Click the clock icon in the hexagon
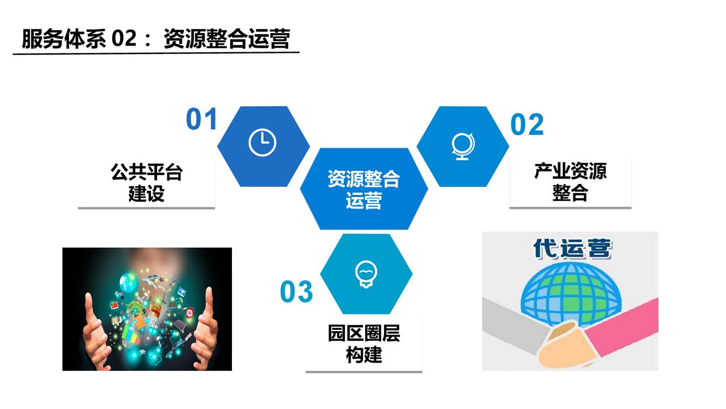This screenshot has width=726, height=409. (x=262, y=143)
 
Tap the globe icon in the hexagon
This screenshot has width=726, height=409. (x=463, y=147)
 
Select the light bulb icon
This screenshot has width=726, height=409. (x=366, y=274)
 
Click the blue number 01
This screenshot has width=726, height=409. (x=201, y=119)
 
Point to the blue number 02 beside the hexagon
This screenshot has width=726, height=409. (x=527, y=124)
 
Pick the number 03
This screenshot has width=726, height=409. (x=296, y=291)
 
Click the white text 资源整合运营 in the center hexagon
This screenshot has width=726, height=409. (x=364, y=189)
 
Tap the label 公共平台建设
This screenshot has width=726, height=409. (x=146, y=183)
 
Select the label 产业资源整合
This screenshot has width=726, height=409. (x=571, y=182)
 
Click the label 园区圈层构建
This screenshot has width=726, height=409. (x=364, y=344)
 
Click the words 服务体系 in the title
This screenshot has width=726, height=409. (x=64, y=39)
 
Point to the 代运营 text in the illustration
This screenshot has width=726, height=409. (x=572, y=249)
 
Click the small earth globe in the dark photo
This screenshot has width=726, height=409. (x=127, y=282)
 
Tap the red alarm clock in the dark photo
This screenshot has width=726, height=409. (x=189, y=312)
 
